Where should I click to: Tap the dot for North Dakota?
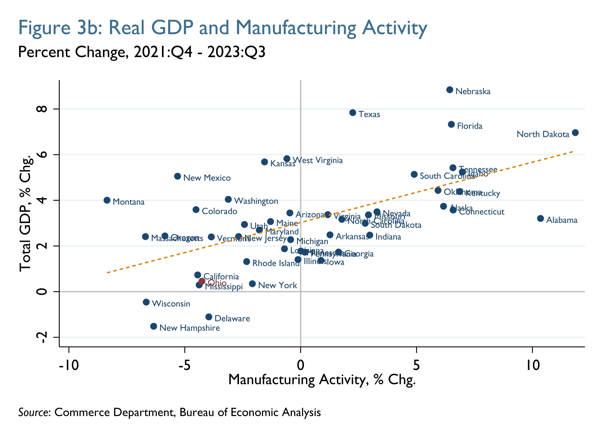click(x=575, y=133)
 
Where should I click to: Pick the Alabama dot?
click(x=540, y=218)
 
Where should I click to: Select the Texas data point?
click(x=353, y=113)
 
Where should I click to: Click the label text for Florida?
click(x=470, y=126)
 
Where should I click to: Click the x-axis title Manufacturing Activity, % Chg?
click(x=322, y=380)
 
